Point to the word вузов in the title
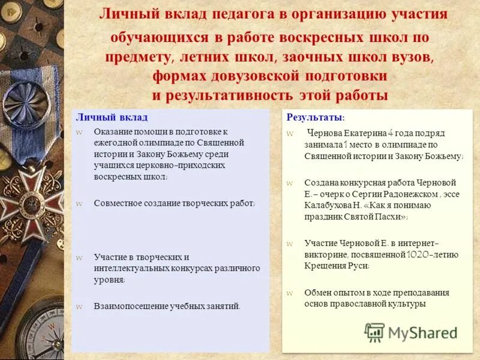[409, 57]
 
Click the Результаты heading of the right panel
[314, 117]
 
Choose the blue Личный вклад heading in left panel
[111, 117]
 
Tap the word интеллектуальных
[131, 268]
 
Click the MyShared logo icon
[375, 331]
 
